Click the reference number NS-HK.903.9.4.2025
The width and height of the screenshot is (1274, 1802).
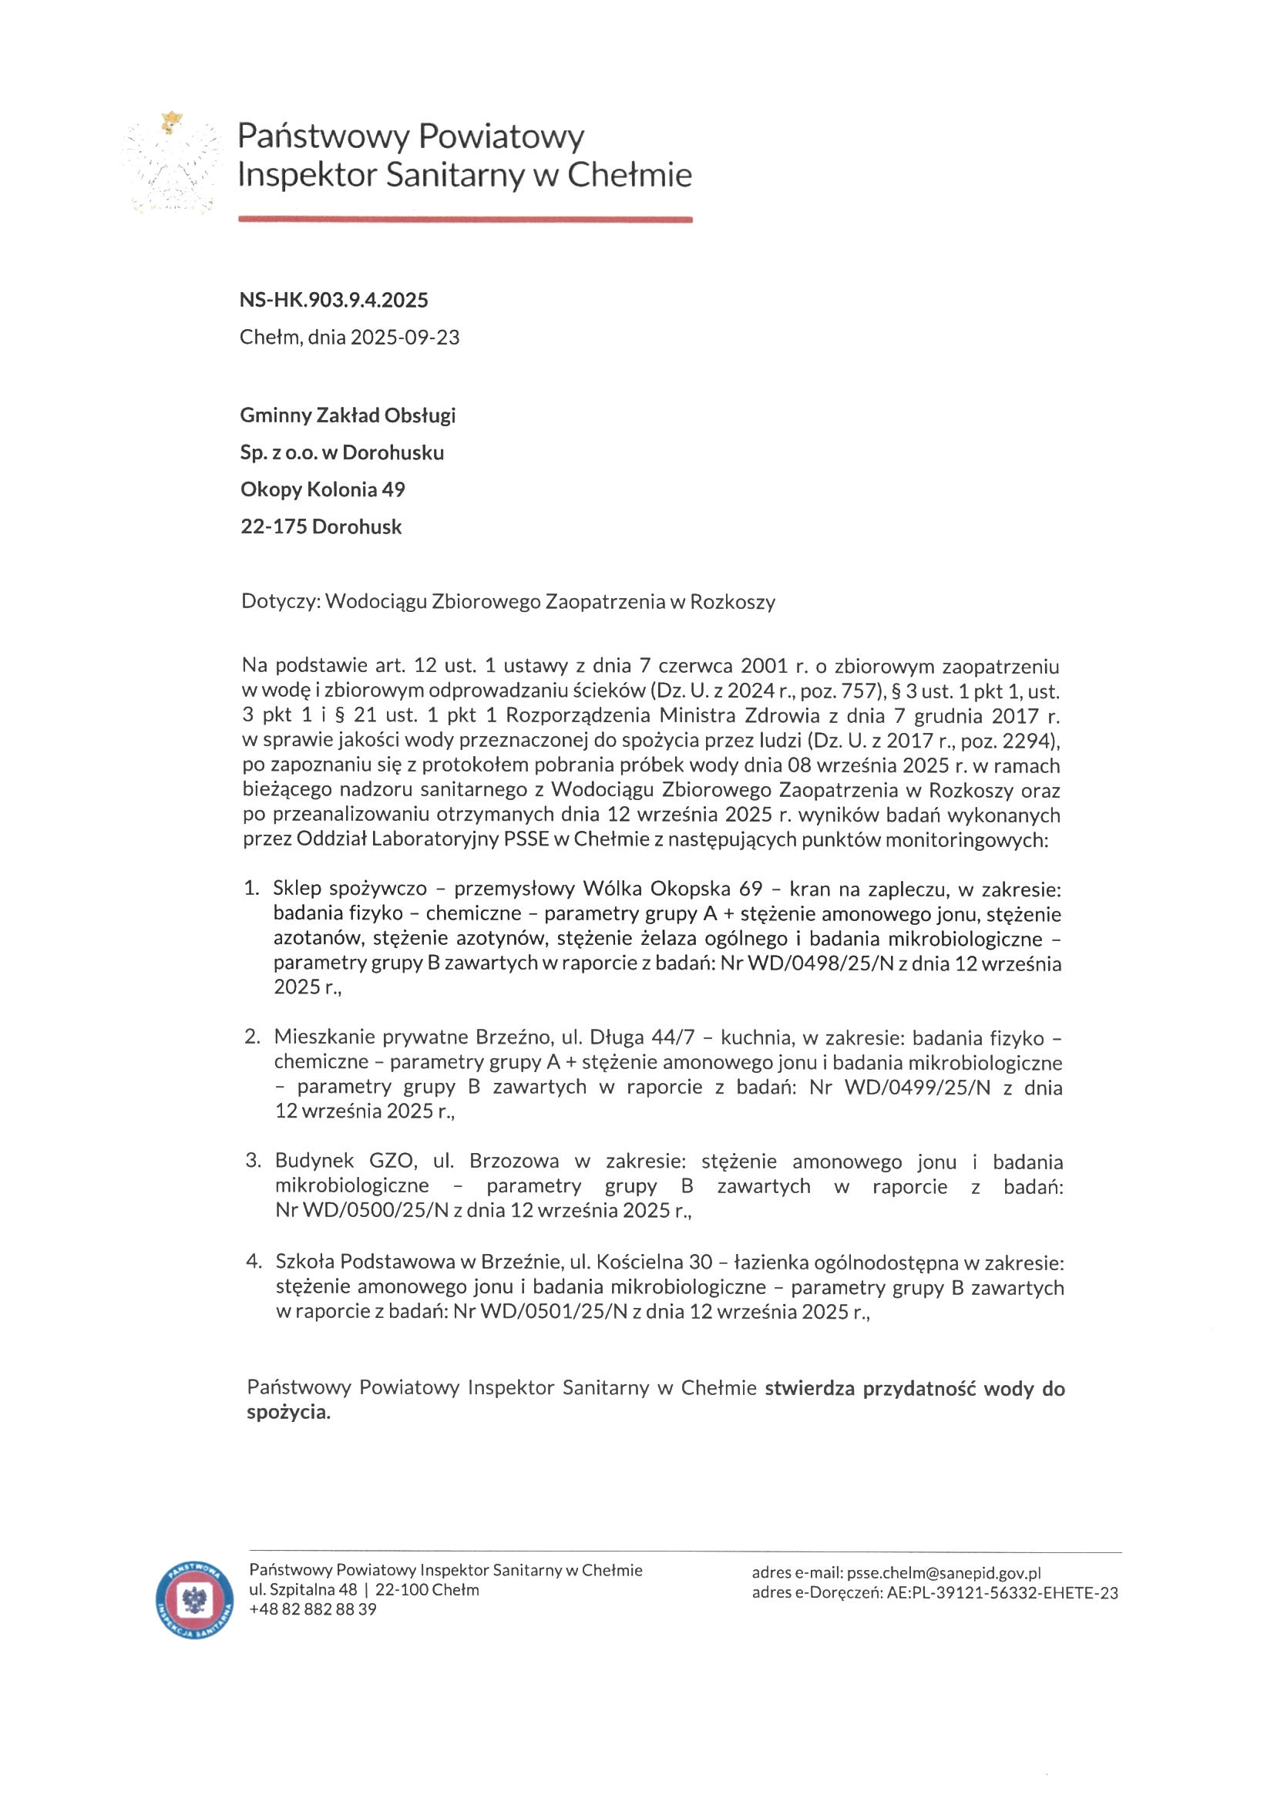[334, 300]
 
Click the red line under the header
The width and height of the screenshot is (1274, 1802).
[465, 220]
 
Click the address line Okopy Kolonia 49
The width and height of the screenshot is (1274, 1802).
[323, 489]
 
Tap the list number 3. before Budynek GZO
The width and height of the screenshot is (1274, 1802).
[253, 1161]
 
